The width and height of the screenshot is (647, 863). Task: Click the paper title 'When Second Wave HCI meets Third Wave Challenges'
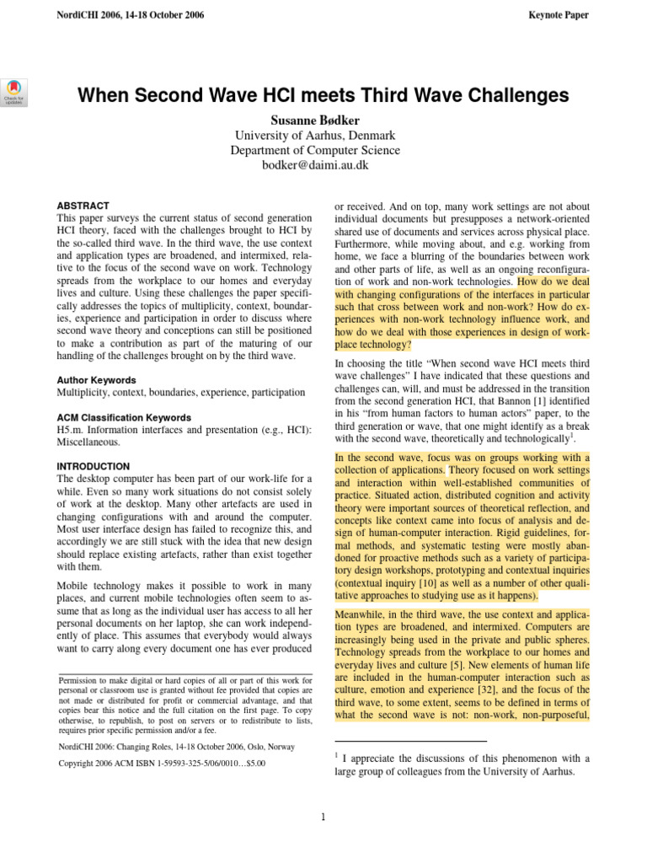coord(323,95)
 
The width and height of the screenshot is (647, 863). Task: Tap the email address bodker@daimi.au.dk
coord(316,166)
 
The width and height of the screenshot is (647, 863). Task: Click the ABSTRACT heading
coord(83,206)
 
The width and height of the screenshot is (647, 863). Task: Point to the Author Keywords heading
coord(96,380)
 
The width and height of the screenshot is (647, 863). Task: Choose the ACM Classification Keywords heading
coord(123,418)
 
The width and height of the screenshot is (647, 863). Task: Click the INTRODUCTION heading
coord(93,466)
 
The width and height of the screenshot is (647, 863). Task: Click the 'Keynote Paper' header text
coord(558,15)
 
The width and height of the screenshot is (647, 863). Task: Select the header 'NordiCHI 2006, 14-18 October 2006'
coord(130,15)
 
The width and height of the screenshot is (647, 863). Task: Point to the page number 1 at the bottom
coord(323,817)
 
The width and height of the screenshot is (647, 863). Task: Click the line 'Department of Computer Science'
coord(316,151)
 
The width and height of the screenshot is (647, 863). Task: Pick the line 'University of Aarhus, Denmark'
coord(316,136)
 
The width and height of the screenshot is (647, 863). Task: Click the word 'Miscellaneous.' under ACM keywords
coord(88,442)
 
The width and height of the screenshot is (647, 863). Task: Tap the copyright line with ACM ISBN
coord(161,764)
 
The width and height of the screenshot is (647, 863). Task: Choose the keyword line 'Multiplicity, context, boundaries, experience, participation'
coord(181,393)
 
